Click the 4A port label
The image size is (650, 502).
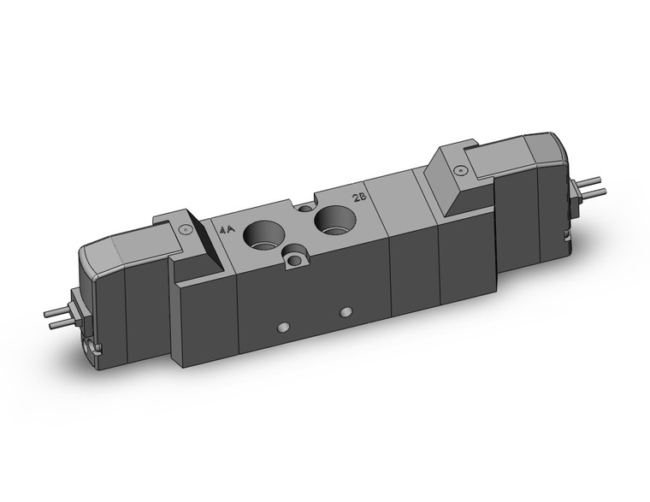point(226,230)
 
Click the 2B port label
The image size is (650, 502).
point(361,198)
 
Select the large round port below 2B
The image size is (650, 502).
point(332,222)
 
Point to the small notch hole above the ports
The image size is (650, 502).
point(306,208)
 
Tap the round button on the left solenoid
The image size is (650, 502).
point(185,228)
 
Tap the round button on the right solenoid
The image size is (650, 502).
point(462,171)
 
